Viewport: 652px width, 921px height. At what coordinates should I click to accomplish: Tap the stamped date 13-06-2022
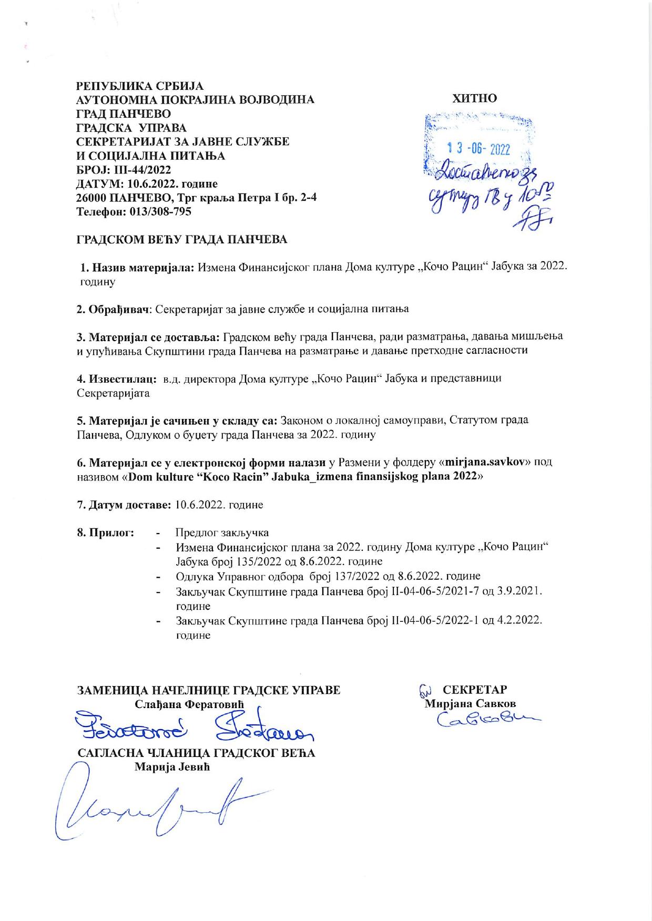[x=478, y=149]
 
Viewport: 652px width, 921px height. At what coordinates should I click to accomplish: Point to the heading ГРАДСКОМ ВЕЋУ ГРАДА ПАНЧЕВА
[x=182, y=240]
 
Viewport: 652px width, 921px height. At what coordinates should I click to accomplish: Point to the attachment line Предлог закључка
[x=222, y=533]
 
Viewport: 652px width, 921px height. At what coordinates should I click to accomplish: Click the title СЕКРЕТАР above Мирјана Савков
[x=475, y=690]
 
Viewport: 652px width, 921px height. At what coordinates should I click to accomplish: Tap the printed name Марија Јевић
[x=172, y=767]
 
